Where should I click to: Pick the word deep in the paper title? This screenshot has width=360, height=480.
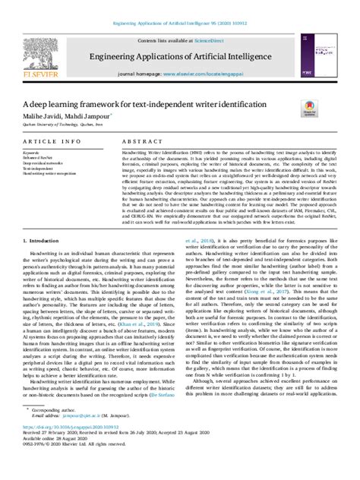click(54, 105)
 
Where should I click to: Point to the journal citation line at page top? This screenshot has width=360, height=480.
click(179, 5)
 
